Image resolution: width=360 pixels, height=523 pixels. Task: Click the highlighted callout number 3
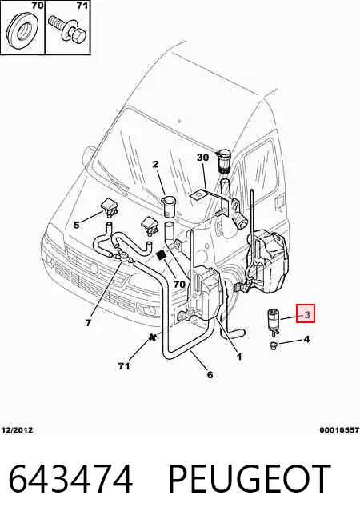(x=306, y=313)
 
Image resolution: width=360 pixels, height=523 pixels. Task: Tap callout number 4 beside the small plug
(x=306, y=339)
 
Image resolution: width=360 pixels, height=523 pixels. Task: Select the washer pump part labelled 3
(x=274, y=321)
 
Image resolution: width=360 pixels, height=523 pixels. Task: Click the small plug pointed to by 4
(x=274, y=346)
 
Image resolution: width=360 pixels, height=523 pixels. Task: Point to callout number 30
(x=202, y=157)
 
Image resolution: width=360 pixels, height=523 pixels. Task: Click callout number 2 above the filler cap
(x=156, y=164)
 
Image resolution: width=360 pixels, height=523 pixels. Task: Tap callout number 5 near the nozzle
(x=77, y=225)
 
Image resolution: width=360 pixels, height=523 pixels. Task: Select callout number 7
(x=88, y=322)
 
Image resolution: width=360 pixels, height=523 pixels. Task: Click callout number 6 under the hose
(x=210, y=374)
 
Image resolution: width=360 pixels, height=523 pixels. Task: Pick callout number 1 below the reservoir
(x=239, y=357)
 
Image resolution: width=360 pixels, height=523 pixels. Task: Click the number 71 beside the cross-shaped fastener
(x=124, y=366)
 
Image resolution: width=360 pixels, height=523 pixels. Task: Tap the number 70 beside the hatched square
(x=179, y=284)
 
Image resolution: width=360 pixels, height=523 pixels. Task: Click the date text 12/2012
(x=18, y=429)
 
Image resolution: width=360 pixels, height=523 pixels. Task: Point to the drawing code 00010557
(x=339, y=430)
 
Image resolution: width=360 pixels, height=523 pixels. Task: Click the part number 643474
(x=70, y=479)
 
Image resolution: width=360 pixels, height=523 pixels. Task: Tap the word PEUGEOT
(x=250, y=479)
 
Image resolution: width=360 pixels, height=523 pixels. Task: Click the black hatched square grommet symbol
(x=162, y=255)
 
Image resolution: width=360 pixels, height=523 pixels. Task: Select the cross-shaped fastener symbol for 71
(x=153, y=337)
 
